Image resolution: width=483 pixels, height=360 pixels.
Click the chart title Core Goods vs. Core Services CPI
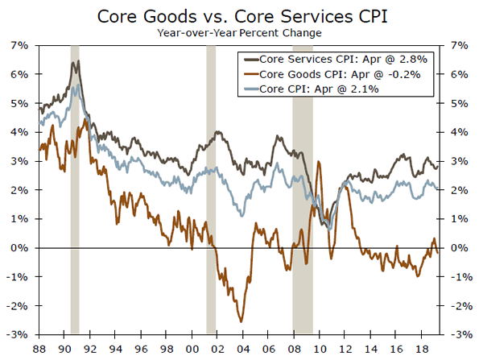(x=242, y=16)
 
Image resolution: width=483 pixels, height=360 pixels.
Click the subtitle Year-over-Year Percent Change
(x=242, y=33)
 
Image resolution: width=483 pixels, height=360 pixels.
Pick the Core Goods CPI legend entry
(x=339, y=74)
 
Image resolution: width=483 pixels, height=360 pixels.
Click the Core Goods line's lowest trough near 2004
(x=241, y=321)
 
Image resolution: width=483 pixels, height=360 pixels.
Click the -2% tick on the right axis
(x=461, y=306)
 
